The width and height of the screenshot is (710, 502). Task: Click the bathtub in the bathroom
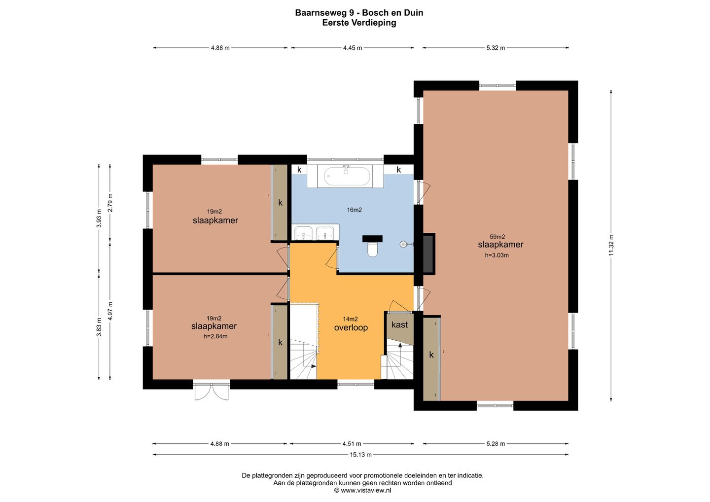click(347, 176)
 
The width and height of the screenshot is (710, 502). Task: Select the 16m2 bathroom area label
click(355, 210)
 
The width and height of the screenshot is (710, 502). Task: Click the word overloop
click(351, 327)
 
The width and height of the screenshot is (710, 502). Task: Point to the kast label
click(399, 324)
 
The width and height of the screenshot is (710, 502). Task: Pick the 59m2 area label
click(497, 236)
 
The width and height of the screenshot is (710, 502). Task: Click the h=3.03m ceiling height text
click(497, 255)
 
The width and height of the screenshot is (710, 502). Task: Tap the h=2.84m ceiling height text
click(215, 336)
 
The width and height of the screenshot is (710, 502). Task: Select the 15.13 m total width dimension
click(360, 455)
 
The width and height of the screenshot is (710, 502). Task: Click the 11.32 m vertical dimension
click(611, 245)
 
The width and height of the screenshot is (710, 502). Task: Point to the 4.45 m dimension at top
click(353, 48)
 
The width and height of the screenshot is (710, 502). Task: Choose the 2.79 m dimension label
click(110, 203)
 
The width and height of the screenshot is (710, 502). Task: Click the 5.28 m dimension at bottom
click(496, 444)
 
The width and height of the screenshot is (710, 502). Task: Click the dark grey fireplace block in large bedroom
click(428, 254)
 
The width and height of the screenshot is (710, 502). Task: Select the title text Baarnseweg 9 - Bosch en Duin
click(359, 13)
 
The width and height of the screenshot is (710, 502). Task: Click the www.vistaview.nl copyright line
click(362, 490)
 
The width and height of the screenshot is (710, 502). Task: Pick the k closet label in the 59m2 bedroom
click(431, 355)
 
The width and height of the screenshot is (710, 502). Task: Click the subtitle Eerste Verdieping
click(359, 23)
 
